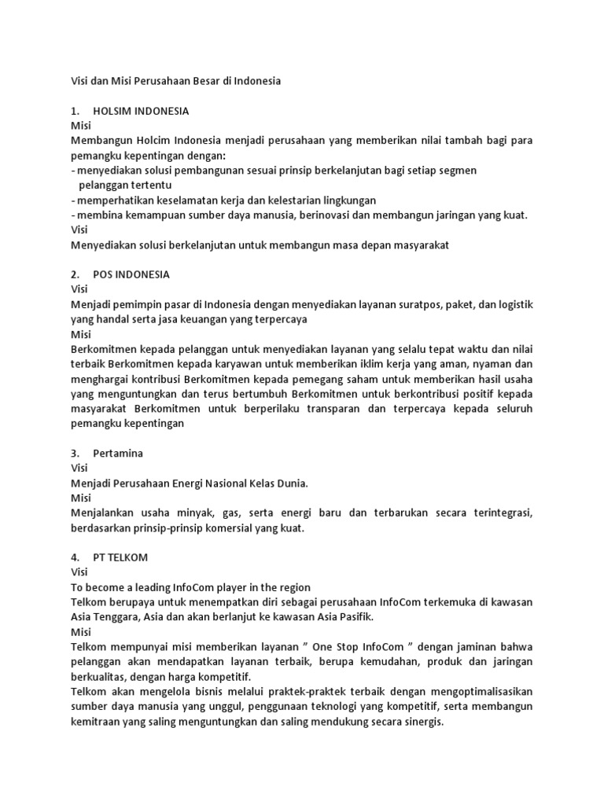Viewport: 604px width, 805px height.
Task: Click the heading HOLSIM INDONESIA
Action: click(141, 110)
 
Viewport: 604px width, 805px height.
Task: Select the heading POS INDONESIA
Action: click(131, 274)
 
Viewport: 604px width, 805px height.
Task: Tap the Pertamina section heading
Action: click(118, 454)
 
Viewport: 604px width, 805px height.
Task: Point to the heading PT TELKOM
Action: click(120, 557)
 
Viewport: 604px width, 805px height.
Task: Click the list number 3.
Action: click(75, 454)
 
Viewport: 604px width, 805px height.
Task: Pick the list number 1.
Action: click(75, 110)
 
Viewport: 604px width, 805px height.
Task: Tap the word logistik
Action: click(510, 304)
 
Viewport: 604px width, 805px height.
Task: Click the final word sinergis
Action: click(422, 722)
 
